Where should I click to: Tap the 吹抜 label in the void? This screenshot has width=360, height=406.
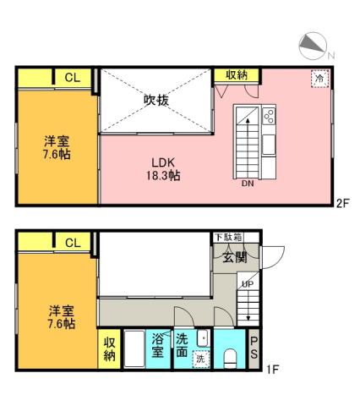(x=155, y=101)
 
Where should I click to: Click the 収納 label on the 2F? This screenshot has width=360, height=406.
(x=237, y=76)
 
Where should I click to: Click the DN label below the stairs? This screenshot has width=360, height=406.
(x=248, y=183)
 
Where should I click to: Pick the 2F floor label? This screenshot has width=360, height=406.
(x=342, y=203)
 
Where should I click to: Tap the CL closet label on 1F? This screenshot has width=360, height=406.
(x=73, y=243)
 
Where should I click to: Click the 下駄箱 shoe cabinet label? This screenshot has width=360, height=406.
(x=226, y=237)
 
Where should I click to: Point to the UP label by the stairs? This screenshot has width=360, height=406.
(x=247, y=283)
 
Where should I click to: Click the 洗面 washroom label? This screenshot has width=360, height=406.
(x=183, y=344)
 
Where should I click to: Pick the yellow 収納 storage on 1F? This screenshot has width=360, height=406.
(x=110, y=348)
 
